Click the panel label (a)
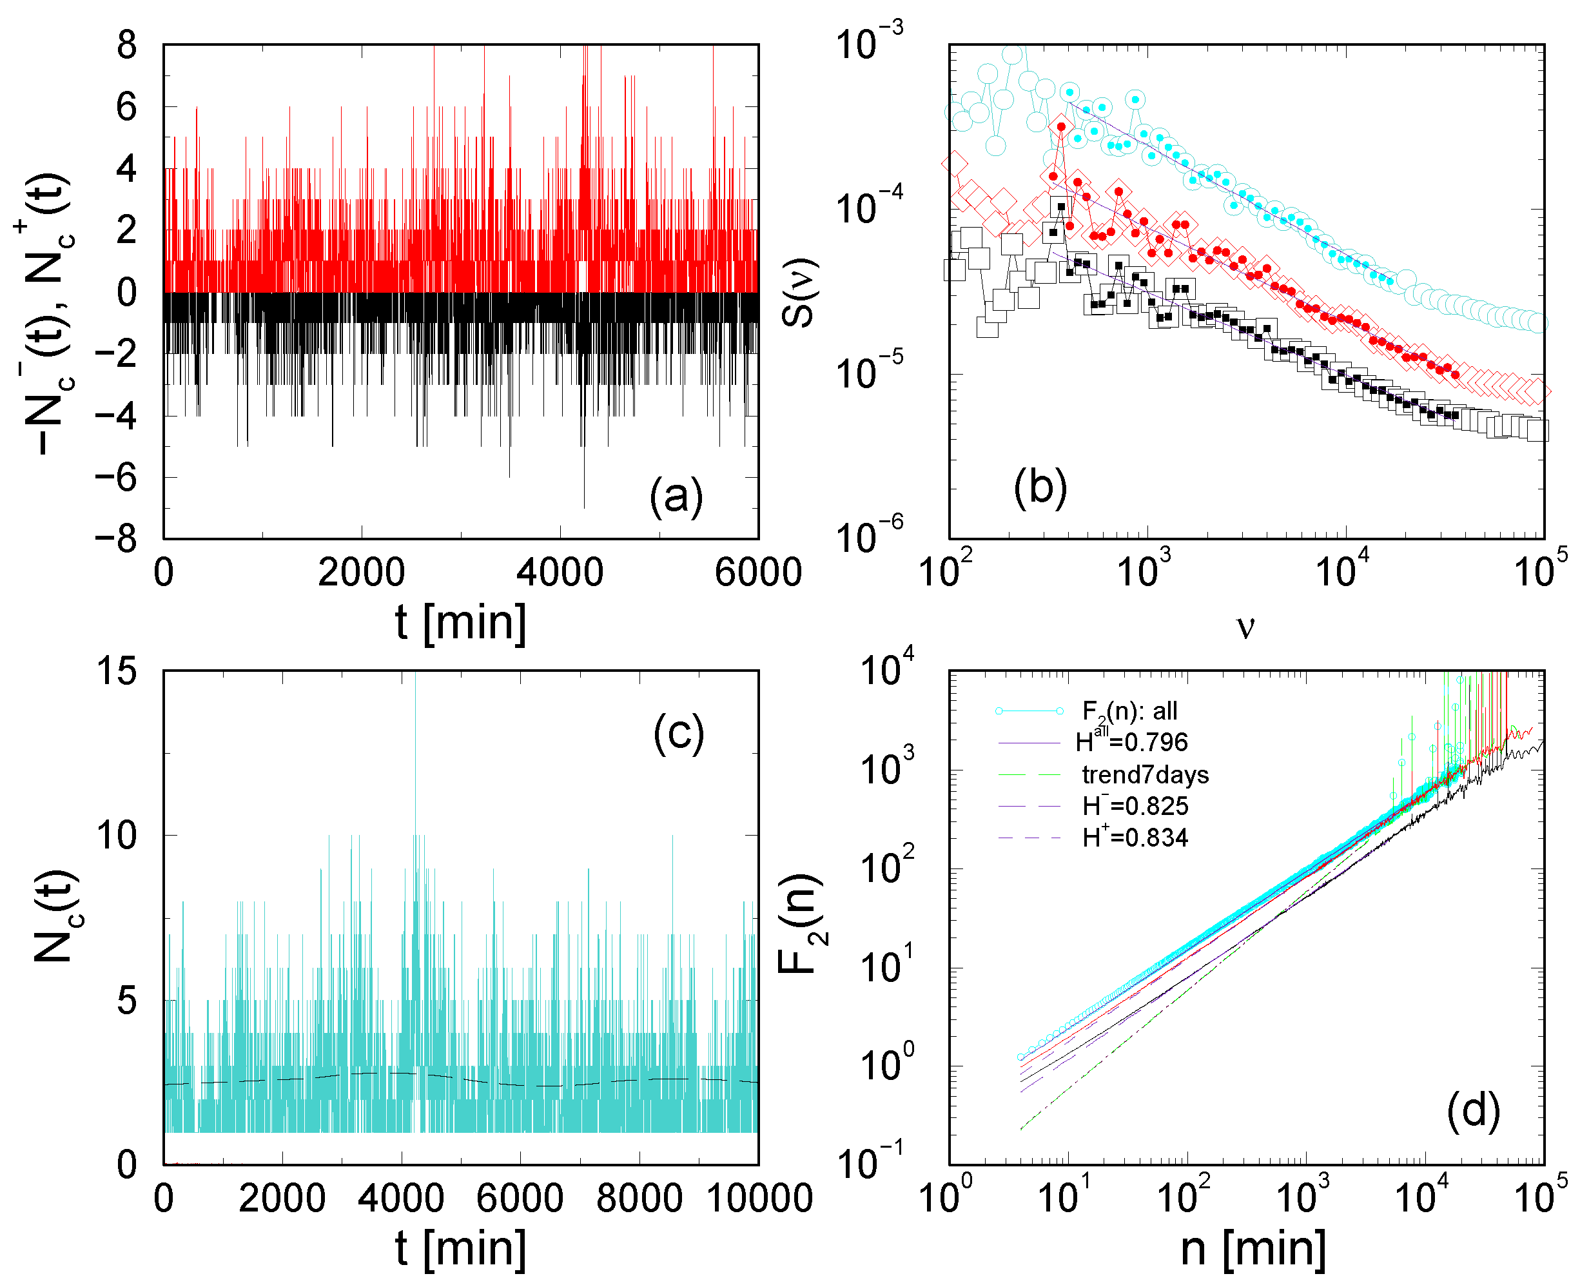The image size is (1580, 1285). pos(676,496)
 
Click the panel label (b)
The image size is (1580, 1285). pos(1040,487)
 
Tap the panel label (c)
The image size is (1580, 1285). pos(678,734)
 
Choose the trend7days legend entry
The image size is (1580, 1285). pos(1145,774)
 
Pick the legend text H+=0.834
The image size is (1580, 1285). pos(1135,837)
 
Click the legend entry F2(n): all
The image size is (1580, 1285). pos(1129,711)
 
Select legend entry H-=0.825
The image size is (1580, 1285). pos(1135,805)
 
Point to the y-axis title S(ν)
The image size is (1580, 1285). pos(798,292)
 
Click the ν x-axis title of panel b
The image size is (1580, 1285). pos(1245,626)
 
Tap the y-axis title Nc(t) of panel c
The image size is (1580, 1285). pos(56,916)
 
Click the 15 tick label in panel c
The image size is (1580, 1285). pos(117,671)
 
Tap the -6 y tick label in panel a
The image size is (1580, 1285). pos(116,477)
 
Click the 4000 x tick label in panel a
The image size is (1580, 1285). pos(560,572)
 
